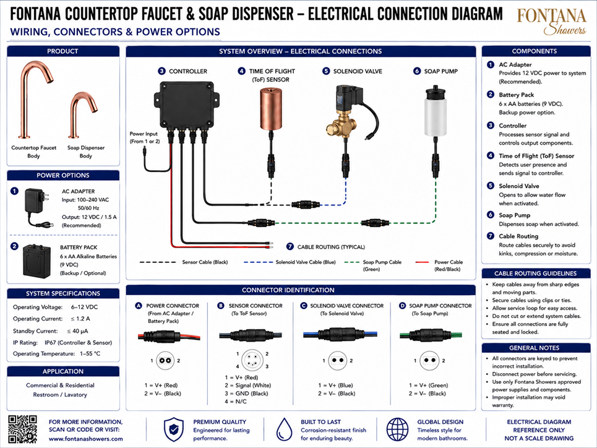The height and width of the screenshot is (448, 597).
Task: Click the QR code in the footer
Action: [x=23, y=429]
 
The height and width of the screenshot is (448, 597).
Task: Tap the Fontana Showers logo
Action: [x=551, y=22]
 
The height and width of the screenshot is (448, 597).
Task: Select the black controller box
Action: [x=187, y=106]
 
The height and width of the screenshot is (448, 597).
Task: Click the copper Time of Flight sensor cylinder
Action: [x=271, y=108]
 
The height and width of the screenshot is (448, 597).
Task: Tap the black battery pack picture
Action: [x=37, y=261]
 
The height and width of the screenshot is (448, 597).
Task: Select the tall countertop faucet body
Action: [x=34, y=100]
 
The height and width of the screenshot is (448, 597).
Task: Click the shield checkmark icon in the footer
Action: [x=174, y=429]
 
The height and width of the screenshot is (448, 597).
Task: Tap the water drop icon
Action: [x=284, y=429]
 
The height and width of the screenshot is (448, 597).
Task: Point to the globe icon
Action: [x=397, y=429]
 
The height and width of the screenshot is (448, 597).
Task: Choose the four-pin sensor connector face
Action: [x=252, y=360]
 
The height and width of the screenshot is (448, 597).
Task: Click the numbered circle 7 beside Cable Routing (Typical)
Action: [x=290, y=246]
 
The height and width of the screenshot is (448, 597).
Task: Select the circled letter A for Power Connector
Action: [x=139, y=306]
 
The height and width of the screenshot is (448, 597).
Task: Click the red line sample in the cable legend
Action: [x=422, y=262]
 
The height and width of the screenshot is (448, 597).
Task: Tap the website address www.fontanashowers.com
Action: [x=85, y=439]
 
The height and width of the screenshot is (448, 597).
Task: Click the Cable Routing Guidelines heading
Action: [x=535, y=273]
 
